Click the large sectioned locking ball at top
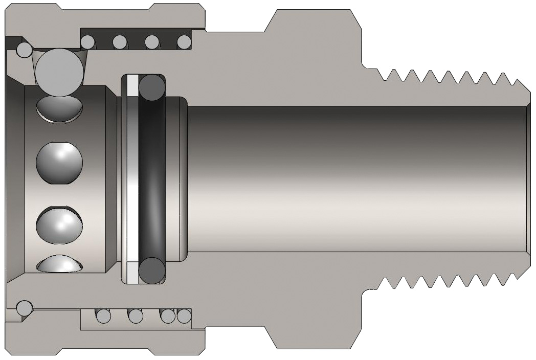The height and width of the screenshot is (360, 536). (60, 72)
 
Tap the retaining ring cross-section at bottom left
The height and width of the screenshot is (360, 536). (24, 308)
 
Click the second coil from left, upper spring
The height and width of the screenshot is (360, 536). (120, 41)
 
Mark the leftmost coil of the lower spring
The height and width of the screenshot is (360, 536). (104, 316)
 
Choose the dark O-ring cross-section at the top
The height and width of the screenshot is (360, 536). (152, 87)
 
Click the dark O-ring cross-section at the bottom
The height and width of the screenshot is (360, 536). (152, 269)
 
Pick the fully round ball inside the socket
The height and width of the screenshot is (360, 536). (59, 163)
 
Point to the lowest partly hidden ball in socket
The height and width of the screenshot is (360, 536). (59, 264)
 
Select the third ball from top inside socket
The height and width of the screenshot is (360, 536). (59, 222)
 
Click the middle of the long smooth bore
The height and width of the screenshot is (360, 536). (358, 179)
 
